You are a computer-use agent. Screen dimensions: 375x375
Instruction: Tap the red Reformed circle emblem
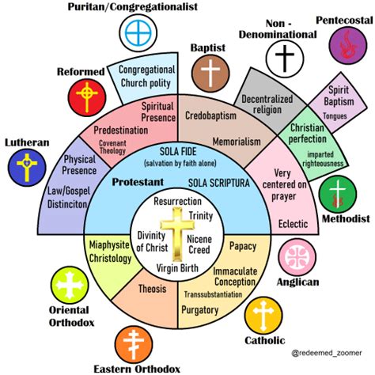[x=87, y=97]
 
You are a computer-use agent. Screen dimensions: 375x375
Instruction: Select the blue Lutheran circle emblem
[x=27, y=168]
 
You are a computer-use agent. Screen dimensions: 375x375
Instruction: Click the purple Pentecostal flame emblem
[x=348, y=45]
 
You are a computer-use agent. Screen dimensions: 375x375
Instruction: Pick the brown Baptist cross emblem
[x=210, y=74]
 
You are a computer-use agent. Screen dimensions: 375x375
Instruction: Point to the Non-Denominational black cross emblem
[x=285, y=59]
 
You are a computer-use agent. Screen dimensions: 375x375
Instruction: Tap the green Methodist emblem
[x=338, y=195]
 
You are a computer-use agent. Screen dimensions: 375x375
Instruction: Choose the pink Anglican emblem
[x=297, y=257]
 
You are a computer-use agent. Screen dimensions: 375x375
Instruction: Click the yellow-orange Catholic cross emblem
[x=263, y=316]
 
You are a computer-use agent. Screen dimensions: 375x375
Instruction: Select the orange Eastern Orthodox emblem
[x=134, y=345]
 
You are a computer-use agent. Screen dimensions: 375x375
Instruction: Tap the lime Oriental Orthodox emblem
[x=70, y=286]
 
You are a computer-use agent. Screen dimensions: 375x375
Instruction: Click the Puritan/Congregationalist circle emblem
[x=138, y=33]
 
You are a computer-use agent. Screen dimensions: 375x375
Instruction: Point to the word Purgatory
[x=200, y=310]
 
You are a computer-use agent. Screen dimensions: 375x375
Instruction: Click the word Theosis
[x=153, y=289]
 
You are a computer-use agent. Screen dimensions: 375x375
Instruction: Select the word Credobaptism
[x=210, y=116]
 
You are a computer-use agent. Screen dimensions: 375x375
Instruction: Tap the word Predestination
[x=121, y=131]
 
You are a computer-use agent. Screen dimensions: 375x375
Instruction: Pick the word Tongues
[x=335, y=116]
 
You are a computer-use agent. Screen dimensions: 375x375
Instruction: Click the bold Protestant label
[x=138, y=182]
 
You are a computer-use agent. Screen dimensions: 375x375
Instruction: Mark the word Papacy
[x=243, y=246]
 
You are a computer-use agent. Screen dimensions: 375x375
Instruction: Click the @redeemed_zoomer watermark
[x=327, y=353]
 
